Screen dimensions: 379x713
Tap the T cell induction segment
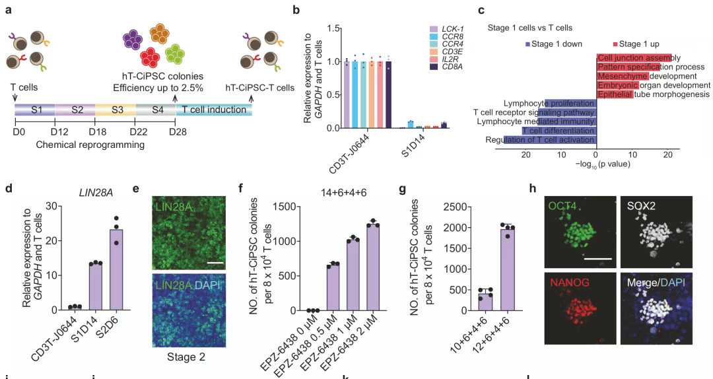coord(214,110)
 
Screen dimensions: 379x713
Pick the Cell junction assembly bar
coord(634,58)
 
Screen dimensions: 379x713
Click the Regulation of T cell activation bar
coord(550,140)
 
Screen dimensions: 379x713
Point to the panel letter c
coord(481,11)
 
